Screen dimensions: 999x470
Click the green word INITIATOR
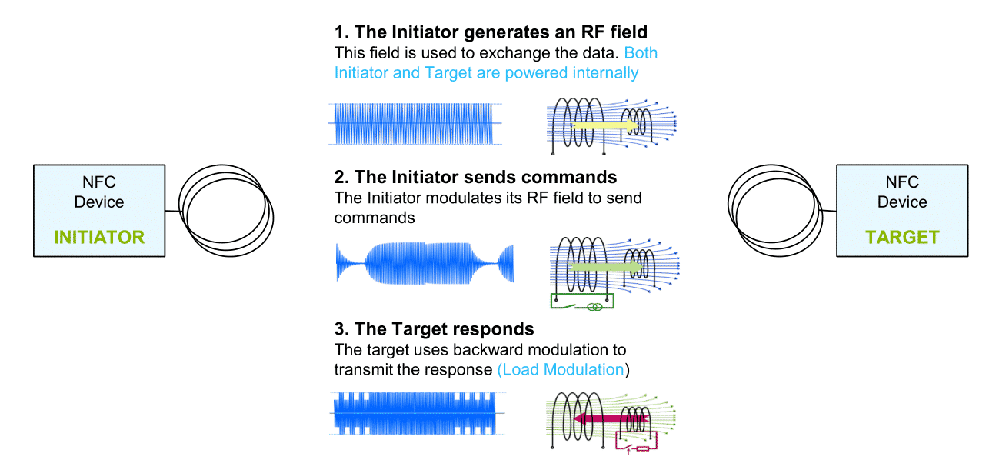(x=99, y=237)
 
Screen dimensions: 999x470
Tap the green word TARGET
(x=902, y=237)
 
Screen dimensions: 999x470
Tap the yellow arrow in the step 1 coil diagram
(x=604, y=125)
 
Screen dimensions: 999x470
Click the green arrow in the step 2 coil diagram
(x=606, y=267)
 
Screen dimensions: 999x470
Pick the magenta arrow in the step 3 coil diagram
(x=611, y=418)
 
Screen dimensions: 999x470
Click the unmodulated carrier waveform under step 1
(x=415, y=124)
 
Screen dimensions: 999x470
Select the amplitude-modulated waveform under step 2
(x=425, y=263)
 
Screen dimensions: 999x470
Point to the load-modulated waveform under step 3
(x=417, y=413)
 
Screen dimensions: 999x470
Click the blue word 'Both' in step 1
(x=641, y=52)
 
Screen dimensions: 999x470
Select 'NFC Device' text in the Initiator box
(x=99, y=192)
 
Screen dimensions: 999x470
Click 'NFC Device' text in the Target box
(x=902, y=192)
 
